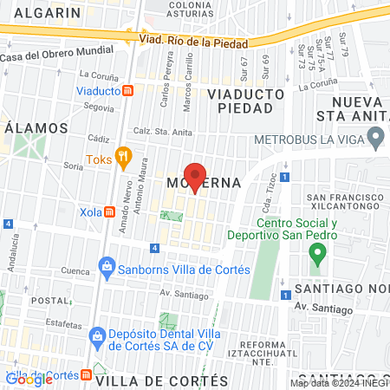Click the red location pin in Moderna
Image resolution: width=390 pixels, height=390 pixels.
pos(196,177)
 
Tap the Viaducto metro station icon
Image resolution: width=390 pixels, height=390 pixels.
pos(127,89)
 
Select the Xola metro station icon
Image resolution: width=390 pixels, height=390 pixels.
pos(110,212)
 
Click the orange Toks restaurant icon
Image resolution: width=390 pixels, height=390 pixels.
pos(124,159)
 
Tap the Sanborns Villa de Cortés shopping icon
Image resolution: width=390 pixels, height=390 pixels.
pos(107,265)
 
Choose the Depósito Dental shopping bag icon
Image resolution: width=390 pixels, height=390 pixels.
pos(97,335)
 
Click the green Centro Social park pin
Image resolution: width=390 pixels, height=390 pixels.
pos(317,254)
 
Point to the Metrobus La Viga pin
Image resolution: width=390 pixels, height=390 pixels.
pos(375,137)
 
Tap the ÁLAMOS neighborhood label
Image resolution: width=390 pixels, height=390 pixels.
pos(36,127)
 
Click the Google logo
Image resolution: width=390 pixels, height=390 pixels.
pos(29,379)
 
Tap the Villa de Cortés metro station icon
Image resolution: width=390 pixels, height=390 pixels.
pos(86,375)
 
